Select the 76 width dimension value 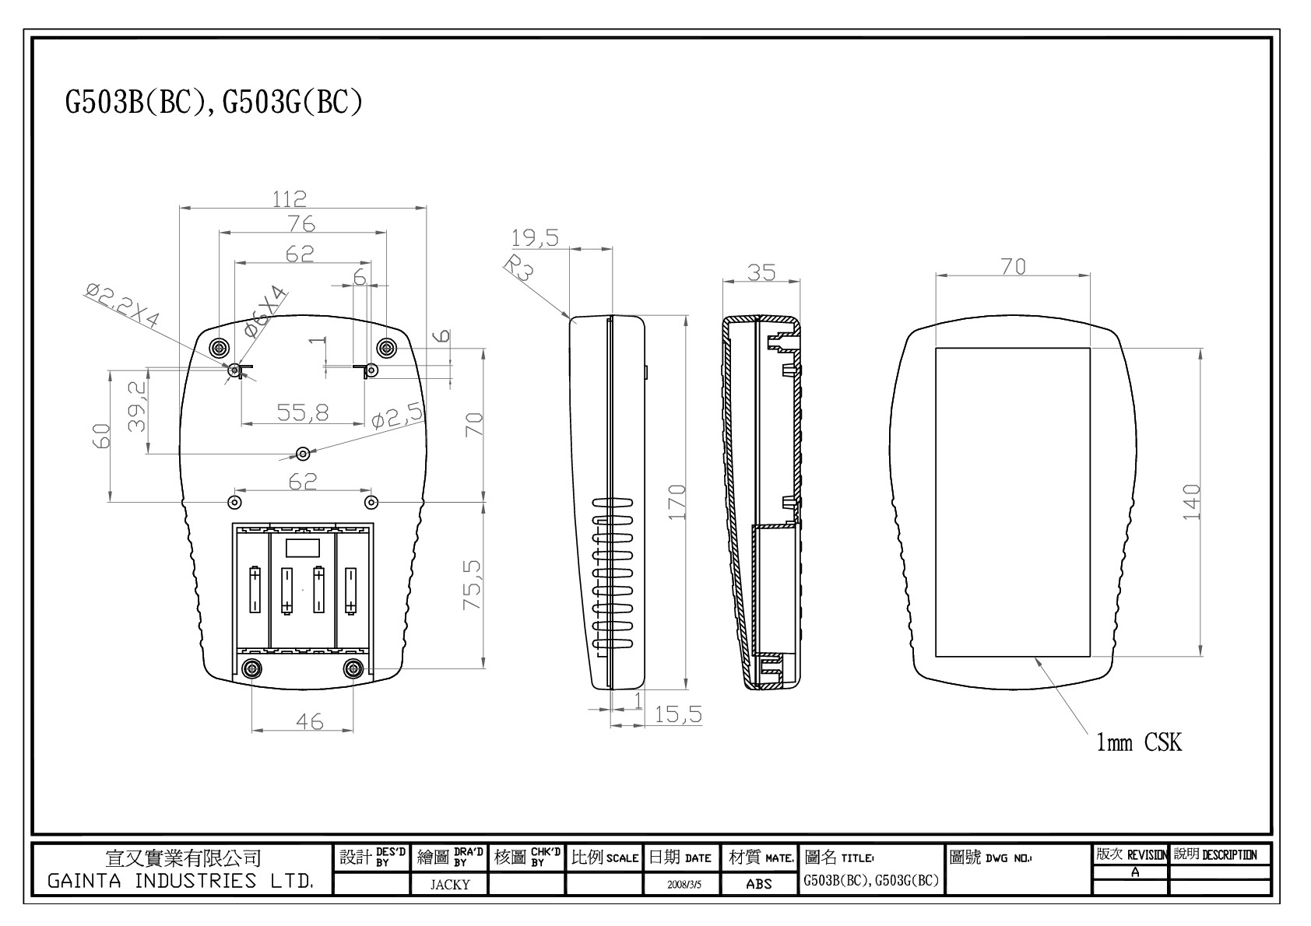coord(301,224)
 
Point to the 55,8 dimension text coord(303,412)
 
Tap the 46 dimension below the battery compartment coord(309,722)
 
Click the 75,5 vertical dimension coord(473,584)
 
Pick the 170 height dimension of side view coord(677,502)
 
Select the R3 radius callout coord(518,268)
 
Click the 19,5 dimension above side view coord(535,237)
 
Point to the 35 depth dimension coord(761,272)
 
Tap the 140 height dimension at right coord(1191,503)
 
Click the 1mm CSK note coord(1138,743)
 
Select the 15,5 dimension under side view coord(677,714)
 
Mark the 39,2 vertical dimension coord(137,405)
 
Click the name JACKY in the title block coord(450,884)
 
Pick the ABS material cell coord(759,884)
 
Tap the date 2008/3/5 coord(681,885)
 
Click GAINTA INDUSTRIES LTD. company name coord(181,882)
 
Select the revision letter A coord(1135,872)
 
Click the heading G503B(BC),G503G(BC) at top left coord(214,103)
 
